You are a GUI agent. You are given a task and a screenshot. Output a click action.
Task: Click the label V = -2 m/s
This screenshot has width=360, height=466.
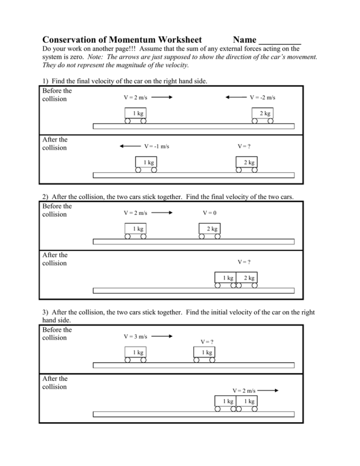point(262,98)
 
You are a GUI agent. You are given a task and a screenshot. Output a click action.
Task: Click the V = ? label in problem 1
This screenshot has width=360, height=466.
point(244,146)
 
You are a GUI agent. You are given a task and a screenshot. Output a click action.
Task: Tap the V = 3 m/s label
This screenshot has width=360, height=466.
point(136,336)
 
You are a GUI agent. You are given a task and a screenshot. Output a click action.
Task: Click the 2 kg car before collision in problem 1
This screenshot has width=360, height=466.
point(263,114)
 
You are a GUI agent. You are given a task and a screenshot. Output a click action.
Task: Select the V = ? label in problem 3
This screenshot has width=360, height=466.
point(207,342)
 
